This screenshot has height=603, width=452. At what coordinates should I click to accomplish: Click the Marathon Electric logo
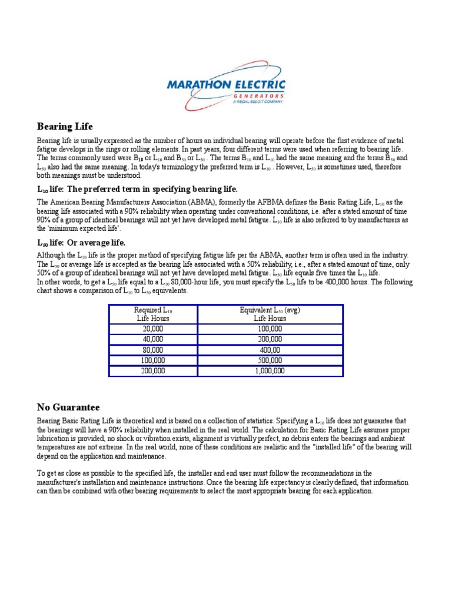point(226,85)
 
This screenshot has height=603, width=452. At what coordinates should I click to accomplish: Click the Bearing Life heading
point(65,127)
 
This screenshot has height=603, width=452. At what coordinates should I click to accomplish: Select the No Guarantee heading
point(68,407)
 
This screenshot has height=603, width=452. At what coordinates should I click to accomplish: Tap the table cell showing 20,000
point(153,329)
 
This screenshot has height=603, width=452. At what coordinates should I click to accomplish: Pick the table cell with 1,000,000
point(270,371)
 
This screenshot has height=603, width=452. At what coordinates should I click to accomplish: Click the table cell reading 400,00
point(270,350)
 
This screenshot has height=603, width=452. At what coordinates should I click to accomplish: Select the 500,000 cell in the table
point(270,360)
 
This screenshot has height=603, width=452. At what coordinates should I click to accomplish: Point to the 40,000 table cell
point(153,339)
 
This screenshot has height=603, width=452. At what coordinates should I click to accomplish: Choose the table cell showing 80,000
point(153,350)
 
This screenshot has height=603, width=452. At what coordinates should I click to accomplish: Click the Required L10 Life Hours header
point(153,314)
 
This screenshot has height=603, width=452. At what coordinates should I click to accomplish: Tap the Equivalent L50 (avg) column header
point(270,310)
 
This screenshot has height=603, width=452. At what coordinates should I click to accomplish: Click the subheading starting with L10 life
point(137,189)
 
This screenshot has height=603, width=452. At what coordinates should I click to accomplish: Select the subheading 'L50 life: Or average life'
point(81,243)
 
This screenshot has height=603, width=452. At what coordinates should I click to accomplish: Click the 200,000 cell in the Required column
point(153,371)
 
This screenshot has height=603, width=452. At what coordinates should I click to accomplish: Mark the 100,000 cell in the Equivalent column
point(270,329)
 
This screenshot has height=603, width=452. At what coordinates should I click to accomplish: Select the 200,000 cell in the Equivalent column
point(270,339)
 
